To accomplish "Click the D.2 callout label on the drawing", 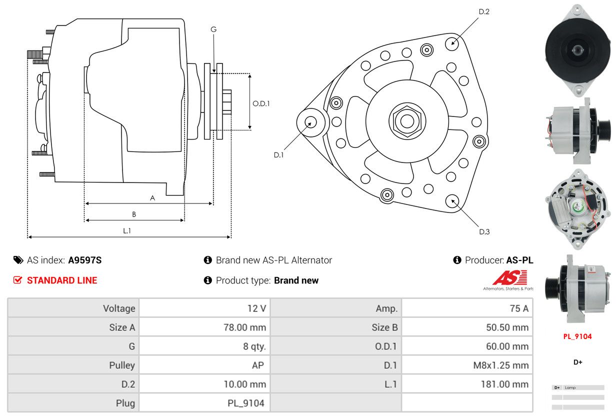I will click(x=484, y=11).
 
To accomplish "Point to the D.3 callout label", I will click(x=484, y=231).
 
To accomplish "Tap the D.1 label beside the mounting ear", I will click(x=278, y=155).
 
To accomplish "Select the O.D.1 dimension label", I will click(x=261, y=103).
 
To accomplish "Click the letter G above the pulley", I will click(x=213, y=29).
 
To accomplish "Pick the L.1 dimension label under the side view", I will click(x=127, y=230).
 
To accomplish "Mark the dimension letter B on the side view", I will click(x=134, y=214).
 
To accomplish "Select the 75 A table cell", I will click(x=518, y=308).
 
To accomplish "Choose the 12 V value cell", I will click(x=256, y=308).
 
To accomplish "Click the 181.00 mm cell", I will click(x=507, y=384).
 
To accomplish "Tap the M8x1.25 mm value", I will click(x=501, y=365).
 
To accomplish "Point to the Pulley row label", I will click(x=122, y=365).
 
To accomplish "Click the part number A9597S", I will click(x=85, y=260).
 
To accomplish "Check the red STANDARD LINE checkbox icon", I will click(x=18, y=280).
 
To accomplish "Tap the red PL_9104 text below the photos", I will click(x=577, y=336).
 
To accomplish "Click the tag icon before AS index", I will click(x=18, y=260).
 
